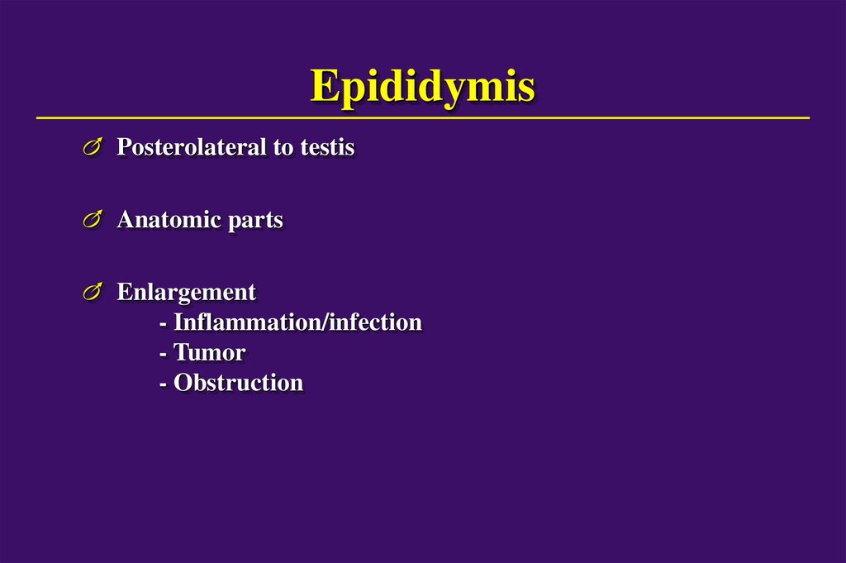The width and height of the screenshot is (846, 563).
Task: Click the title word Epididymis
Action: [422, 87]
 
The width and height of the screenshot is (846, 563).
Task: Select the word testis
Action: [329, 147]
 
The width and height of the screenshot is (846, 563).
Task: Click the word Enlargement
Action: [186, 292]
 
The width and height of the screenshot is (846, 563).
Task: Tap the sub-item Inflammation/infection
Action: [297, 322]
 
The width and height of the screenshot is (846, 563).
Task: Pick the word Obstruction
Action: [238, 384]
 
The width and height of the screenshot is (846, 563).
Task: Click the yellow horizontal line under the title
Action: [422, 118]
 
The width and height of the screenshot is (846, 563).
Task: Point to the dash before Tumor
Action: [164, 354]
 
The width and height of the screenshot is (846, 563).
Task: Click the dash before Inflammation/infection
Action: [164, 323]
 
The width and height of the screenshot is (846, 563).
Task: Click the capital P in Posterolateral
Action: [124, 147]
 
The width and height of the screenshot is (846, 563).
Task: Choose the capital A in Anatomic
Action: [126, 220]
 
